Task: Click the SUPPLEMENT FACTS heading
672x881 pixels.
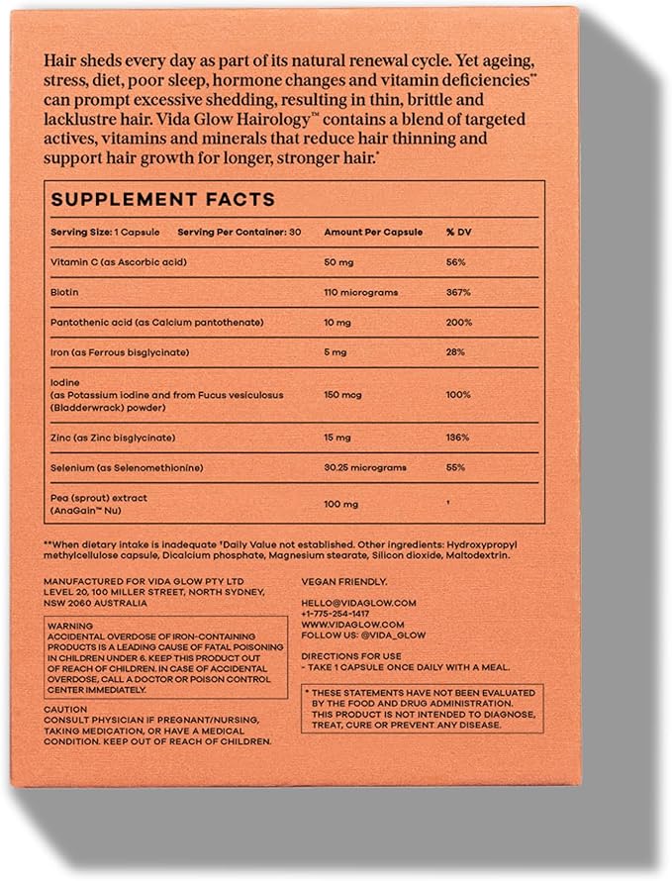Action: point(163,199)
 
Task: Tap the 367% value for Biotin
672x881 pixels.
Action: point(457,293)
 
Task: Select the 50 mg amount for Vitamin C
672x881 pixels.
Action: point(340,262)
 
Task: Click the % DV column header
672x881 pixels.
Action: point(457,232)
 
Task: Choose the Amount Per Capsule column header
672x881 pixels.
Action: point(373,232)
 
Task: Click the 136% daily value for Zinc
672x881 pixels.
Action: point(457,437)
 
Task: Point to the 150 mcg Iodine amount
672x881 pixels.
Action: point(343,395)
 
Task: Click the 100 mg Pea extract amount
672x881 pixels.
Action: point(342,504)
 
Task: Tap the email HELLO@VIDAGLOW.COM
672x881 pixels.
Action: point(358,602)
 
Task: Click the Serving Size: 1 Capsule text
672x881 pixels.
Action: point(97,232)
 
